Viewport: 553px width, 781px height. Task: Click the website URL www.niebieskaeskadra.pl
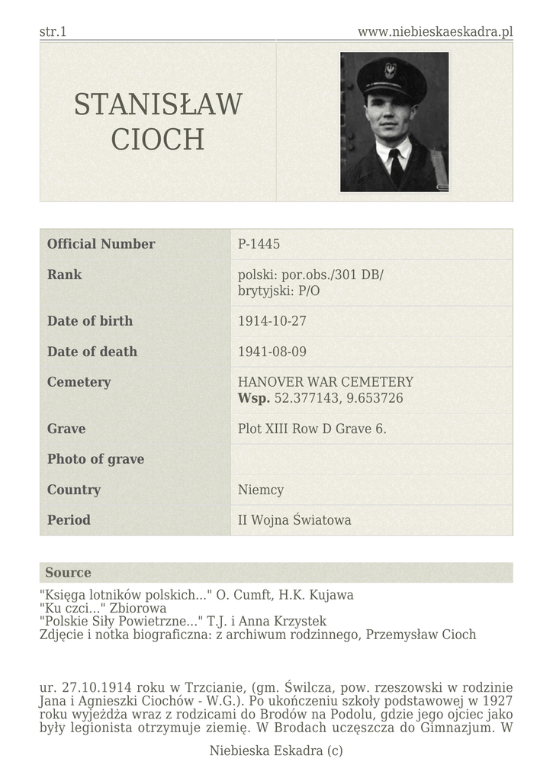click(x=435, y=31)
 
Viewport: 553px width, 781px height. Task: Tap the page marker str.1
click(x=53, y=31)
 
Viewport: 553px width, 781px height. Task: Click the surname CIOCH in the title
click(x=158, y=140)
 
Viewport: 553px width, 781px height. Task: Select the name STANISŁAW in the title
click(x=158, y=104)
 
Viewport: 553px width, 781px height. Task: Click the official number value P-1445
click(x=259, y=244)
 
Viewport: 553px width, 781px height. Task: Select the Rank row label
click(x=64, y=275)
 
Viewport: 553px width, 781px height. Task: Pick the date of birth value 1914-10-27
click(x=272, y=321)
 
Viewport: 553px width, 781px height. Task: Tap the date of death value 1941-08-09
click(x=272, y=352)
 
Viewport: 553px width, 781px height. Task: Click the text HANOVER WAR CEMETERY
click(x=326, y=382)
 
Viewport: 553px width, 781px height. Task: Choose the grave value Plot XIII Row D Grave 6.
click(x=312, y=429)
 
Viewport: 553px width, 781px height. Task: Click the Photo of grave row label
click(x=95, y=459)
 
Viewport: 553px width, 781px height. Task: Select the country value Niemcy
click(x=261, y=490)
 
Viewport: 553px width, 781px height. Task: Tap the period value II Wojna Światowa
click(x=294, y=520)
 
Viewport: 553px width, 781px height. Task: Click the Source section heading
click(x=68, y=573)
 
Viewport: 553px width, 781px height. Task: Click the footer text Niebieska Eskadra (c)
click(x=276, y=751)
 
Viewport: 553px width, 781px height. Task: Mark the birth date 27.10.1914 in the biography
click(x=90, y=687)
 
